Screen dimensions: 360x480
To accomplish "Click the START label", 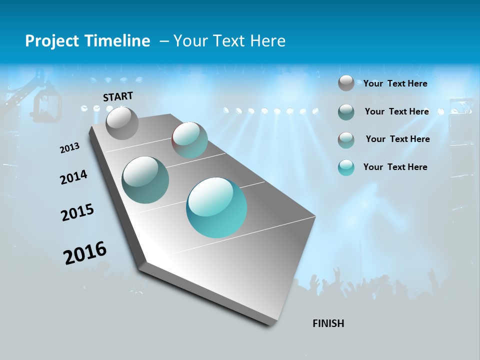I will [118, 96].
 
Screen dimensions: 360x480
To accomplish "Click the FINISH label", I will [328, 323].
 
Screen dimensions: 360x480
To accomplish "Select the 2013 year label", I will [69, 148].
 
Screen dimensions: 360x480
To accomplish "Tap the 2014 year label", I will [73, 177].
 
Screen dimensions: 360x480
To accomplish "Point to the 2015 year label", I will [77, 212].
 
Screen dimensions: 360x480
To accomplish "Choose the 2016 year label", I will [85, 253].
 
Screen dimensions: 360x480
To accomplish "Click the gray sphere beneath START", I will [122, 123].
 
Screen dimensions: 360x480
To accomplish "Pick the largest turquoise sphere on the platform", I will [216, 207].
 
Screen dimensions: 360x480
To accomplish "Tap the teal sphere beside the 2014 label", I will [145, 180].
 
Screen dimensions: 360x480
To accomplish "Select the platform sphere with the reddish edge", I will [190, 140].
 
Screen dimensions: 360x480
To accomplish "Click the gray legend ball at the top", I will [346, 83].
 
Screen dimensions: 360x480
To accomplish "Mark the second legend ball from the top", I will [346, 112].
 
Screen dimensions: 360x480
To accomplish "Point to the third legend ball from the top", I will [346, 139].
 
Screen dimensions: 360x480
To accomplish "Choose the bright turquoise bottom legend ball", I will [346, 167].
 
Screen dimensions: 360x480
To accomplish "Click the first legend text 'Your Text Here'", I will [395, 83].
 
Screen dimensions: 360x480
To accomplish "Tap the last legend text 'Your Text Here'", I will [395, 167].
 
